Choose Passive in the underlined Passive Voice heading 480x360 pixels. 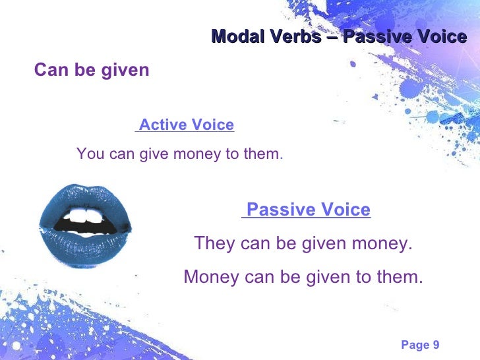click(x=276, y=210)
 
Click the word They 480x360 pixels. click(x=214, y=243)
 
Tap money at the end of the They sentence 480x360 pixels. click(x=384, y=243)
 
